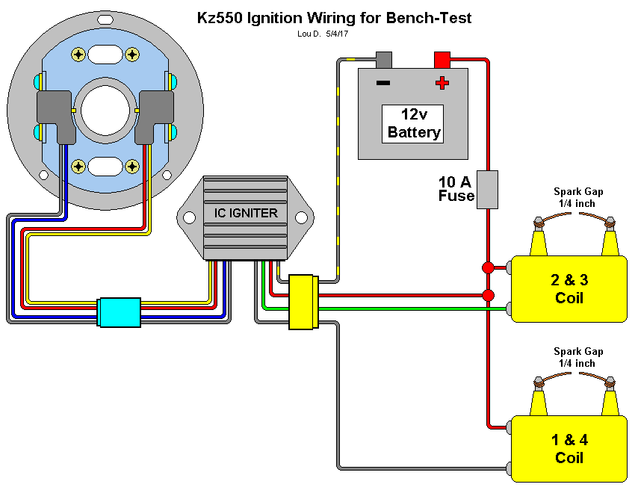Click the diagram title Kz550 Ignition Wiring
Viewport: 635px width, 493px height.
tap(334, 17)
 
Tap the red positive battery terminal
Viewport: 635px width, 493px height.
tap(442, 59)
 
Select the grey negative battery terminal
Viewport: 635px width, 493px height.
tap(384, 59)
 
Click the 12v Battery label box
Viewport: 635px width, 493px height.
tap(413, 124)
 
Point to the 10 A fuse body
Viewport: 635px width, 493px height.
tap(487, 189)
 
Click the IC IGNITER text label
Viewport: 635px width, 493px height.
tap(241, 214)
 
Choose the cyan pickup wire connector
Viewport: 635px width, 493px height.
tap(120, 311)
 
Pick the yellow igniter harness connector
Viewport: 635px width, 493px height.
tap(303, 302)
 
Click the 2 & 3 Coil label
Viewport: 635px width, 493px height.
tap(569, 289)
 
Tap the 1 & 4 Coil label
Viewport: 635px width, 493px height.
tap(569, 449)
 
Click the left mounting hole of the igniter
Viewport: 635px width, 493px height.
tap(188, 217)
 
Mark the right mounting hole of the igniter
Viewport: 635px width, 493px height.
tap(300, 217)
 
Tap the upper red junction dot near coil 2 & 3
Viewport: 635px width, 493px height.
tap(488, 267)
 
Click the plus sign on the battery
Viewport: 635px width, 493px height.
tap(443, 82)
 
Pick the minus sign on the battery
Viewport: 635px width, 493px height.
tap(382, 82)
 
